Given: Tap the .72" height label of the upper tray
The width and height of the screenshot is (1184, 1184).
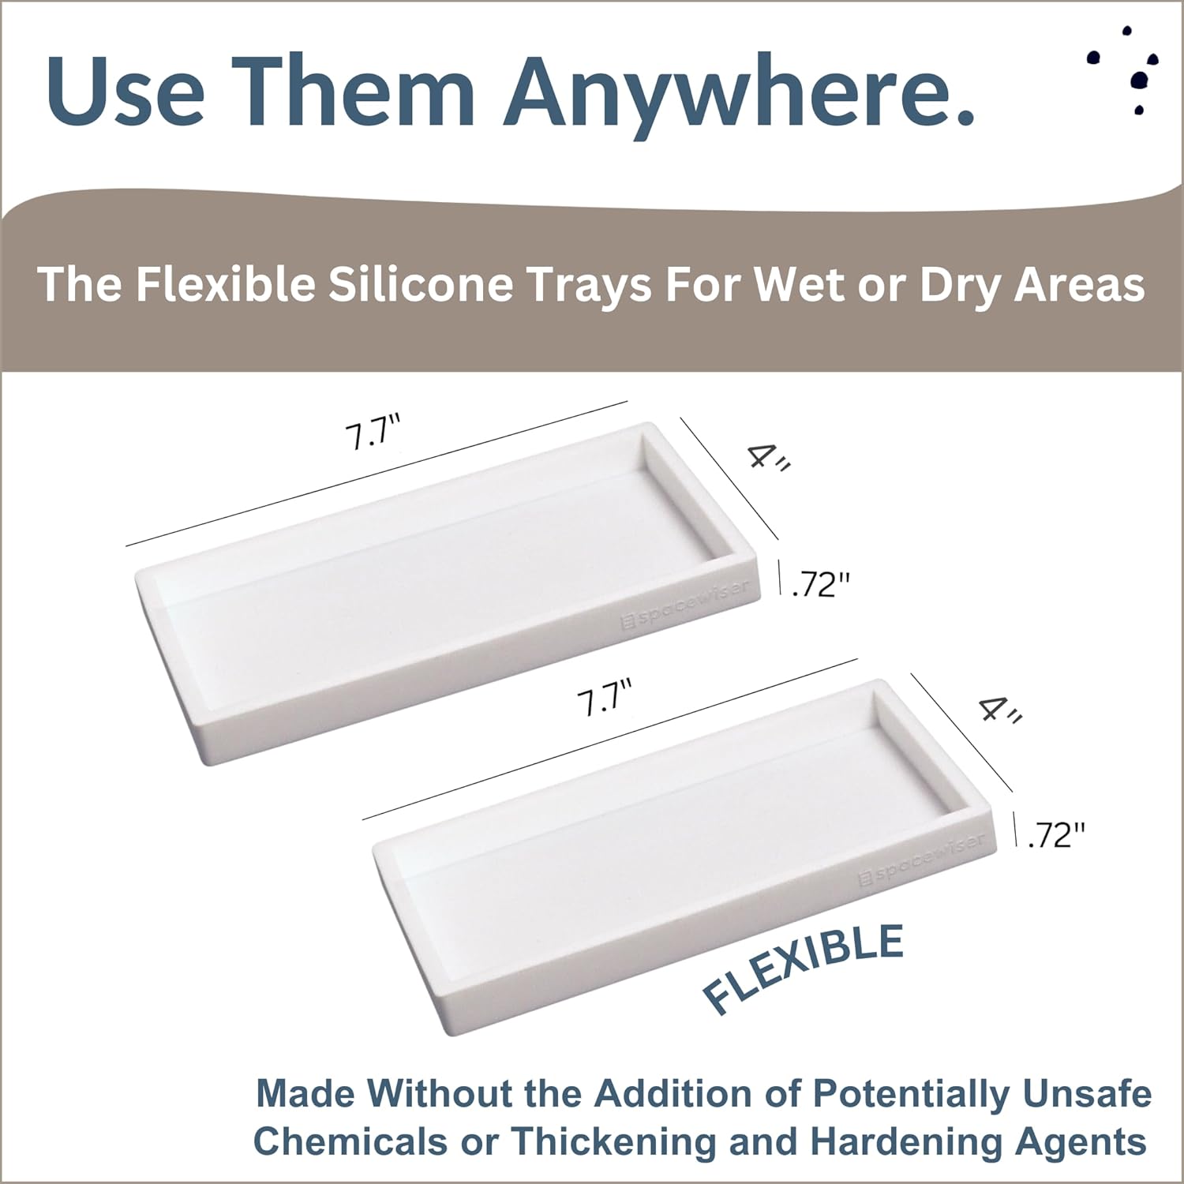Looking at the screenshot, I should [821, 584].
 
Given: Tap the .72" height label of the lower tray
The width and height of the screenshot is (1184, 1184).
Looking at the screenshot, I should [1057, 835].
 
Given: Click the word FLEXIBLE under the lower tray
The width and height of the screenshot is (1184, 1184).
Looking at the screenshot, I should [804, 969].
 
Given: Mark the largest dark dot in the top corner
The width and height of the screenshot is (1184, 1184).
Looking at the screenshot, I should [1140, 79].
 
